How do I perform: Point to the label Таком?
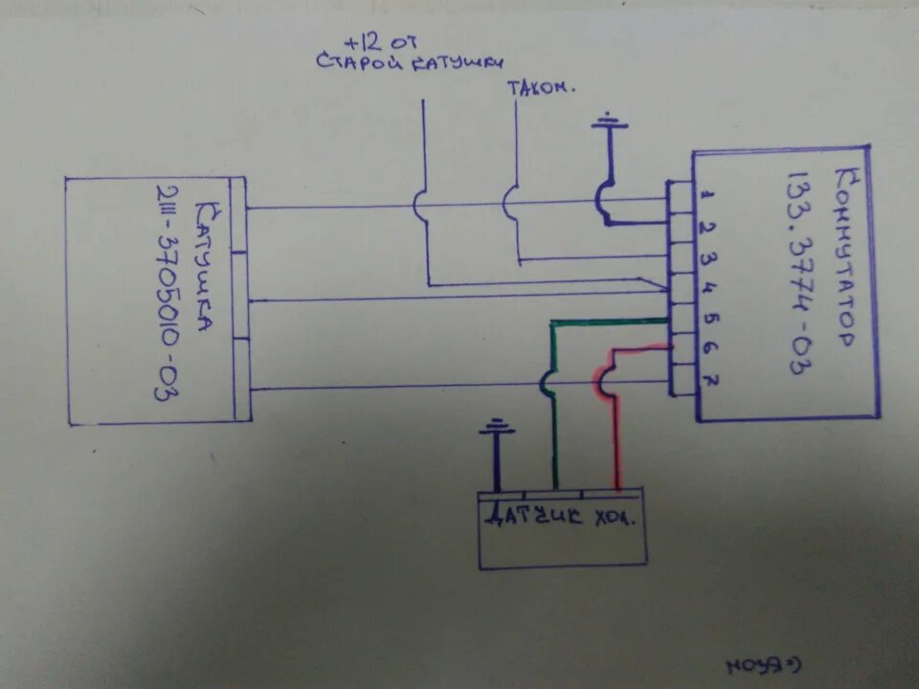coord(541,87)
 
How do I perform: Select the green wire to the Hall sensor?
coord(553,402)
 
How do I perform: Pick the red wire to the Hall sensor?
coord(613,421)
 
